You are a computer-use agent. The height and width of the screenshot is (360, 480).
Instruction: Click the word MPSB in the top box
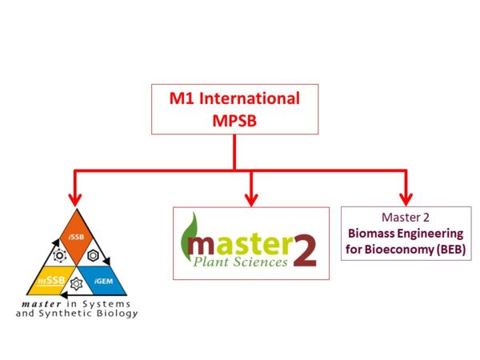tap(234, 119)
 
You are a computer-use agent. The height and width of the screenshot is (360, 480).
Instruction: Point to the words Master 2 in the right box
tap(405, 217)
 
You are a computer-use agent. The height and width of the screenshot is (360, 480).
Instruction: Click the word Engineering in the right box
tap(430, 233)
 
